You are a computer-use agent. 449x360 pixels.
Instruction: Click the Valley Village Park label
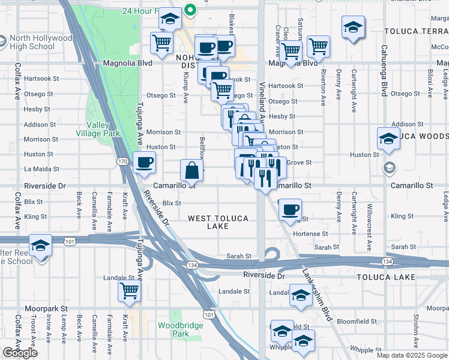point(103,129)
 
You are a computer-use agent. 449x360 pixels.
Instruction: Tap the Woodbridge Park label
point(173,329)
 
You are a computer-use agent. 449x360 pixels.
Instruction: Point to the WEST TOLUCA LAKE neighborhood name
point(217,222)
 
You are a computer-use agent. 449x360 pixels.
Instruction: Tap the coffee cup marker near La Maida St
point(143,162)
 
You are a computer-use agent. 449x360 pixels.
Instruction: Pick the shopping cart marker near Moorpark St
point(129,291)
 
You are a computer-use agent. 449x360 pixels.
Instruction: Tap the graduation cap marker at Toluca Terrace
point(353,27)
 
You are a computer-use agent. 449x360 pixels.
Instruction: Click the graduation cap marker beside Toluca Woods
point(388,139)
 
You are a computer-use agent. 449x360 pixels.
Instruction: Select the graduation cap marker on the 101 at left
point(40,246)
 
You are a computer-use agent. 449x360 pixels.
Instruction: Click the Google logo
point(20,353)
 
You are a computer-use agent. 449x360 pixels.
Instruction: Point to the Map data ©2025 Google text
point(412,355)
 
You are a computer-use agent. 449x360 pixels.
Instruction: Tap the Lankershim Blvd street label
point(317,293)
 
